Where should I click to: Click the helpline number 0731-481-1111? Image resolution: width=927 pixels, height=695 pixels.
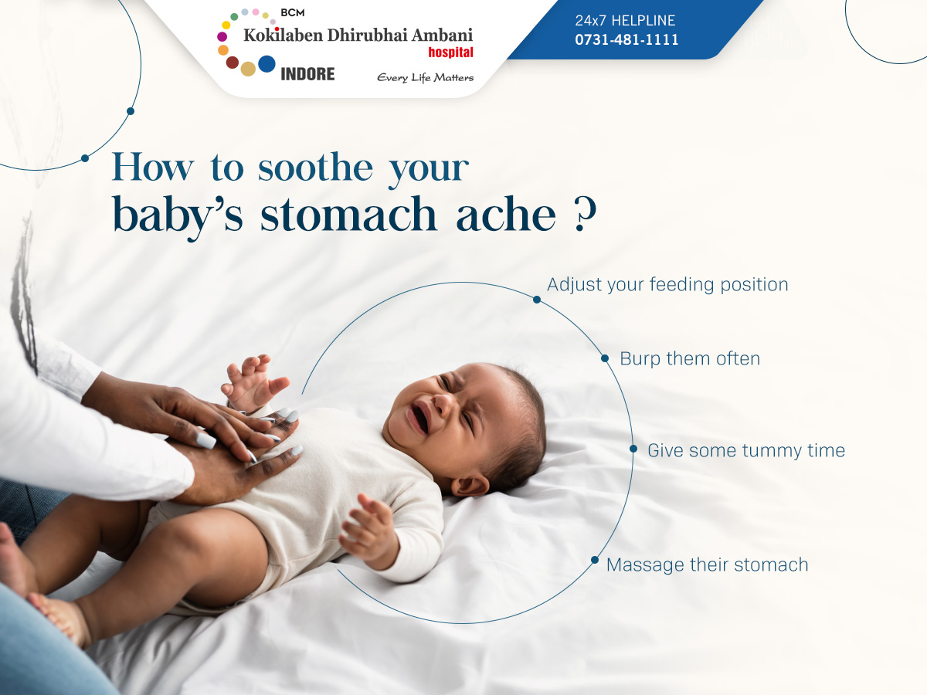click(x=626, y=39)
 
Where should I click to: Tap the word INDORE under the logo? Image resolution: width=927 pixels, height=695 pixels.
click(x=307, y=74)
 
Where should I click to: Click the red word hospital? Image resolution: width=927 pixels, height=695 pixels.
click(x=450, y=53)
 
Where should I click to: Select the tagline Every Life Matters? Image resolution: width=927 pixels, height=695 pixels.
click(x=426, y=78)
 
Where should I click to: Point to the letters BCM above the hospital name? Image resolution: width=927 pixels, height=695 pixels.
click(x=292, y=13)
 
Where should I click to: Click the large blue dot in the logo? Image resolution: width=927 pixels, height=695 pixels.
click(x=267, y=64)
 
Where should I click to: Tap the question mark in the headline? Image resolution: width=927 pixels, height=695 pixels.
click(x=586, y=215)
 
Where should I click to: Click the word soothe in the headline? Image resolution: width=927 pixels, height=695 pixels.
click(x=315, y=167)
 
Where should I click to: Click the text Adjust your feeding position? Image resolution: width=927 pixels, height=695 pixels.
click(x=667, y=285)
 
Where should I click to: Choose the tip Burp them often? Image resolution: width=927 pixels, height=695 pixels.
click(x=690, y=359)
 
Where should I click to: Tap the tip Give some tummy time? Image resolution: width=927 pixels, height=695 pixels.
click(x=746, y=451)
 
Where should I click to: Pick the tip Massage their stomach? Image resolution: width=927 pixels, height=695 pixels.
click(x=707, y=565)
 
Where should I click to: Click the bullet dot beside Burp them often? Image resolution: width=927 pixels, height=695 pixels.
click(x=605, y=358)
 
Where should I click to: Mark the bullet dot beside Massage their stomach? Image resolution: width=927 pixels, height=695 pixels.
click(x=595, y=560)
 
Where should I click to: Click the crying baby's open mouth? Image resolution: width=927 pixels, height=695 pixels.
click(x=419, y=417)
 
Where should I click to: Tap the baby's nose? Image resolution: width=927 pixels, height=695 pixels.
click(x=442, y=403)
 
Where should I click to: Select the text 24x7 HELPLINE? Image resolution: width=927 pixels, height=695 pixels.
click(x=625, y=21)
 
